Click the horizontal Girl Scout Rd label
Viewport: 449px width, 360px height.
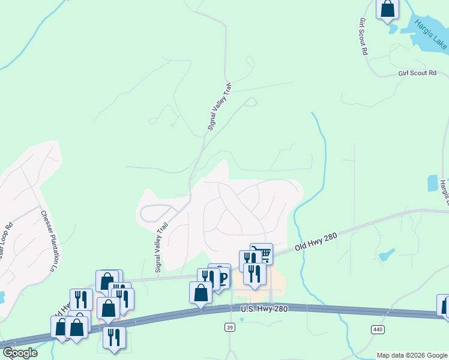417,73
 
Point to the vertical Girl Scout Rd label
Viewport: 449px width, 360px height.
363,36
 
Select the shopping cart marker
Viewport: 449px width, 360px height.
261,253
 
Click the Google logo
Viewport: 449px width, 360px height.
19,353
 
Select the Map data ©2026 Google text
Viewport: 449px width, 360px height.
412,355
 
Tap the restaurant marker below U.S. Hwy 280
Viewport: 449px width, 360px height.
113,338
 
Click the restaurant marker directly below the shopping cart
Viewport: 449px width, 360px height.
255,273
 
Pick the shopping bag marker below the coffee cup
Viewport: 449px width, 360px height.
200,293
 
